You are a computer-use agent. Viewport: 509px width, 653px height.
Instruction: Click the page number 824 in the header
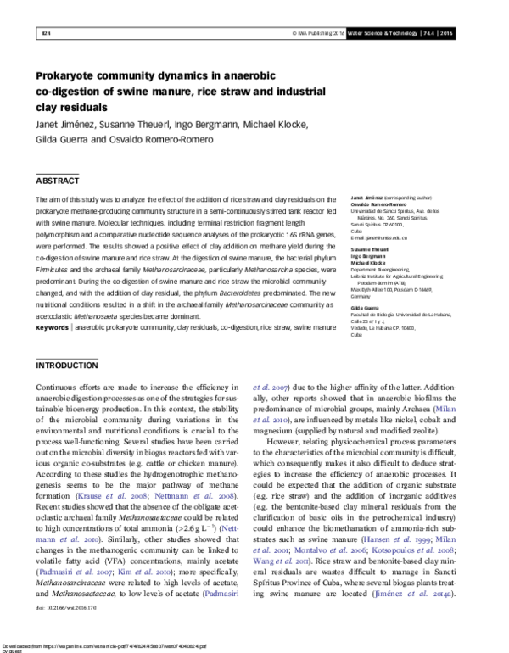coord(46,33)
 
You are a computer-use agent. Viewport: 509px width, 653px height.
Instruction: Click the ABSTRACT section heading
coord(57,181)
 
